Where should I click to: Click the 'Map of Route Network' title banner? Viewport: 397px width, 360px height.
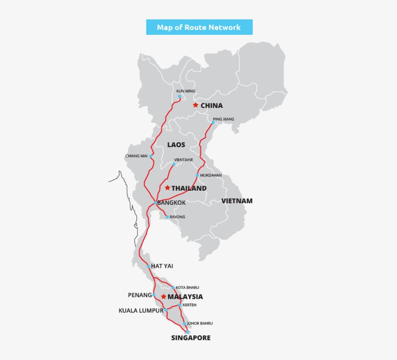click(x=199, y=27)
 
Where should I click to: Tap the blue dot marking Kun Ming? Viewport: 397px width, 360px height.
click(x=180, y=96)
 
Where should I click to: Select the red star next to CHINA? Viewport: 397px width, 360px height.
click(x=195, y=105)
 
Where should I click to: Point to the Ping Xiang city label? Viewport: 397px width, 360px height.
click(x=223, y=119)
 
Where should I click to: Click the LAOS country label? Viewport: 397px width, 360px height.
click(x=176, y=145)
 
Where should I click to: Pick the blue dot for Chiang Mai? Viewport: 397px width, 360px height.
click(x=151, y=156)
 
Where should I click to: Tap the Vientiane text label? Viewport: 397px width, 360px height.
click(x=183, y=160)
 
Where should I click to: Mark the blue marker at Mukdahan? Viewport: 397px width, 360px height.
click(x=198, y=175)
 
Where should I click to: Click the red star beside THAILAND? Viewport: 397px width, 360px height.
click(x=167, y=188)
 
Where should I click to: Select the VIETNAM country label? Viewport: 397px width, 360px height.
click(x=237, y=201)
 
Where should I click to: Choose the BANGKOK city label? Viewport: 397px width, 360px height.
click(x=171, y=203)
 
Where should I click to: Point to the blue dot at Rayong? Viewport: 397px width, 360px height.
click(x=167, y=217)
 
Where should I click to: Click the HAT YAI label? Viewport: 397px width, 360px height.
click(x=162, y=266)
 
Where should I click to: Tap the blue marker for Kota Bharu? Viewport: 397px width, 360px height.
click(x=173, y=287)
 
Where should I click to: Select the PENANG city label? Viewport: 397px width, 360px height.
click(x=140, y=295)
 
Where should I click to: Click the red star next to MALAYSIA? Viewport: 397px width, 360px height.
click(x=164, y=296)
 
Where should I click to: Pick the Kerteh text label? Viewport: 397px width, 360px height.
click(x=190, y=305)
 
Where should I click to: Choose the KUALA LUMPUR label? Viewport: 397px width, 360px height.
click(x=141, y=311)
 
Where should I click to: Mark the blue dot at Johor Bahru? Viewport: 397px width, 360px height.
click(x=184, y=323)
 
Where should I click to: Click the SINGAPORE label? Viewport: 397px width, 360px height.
click(x=191, y=338)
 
